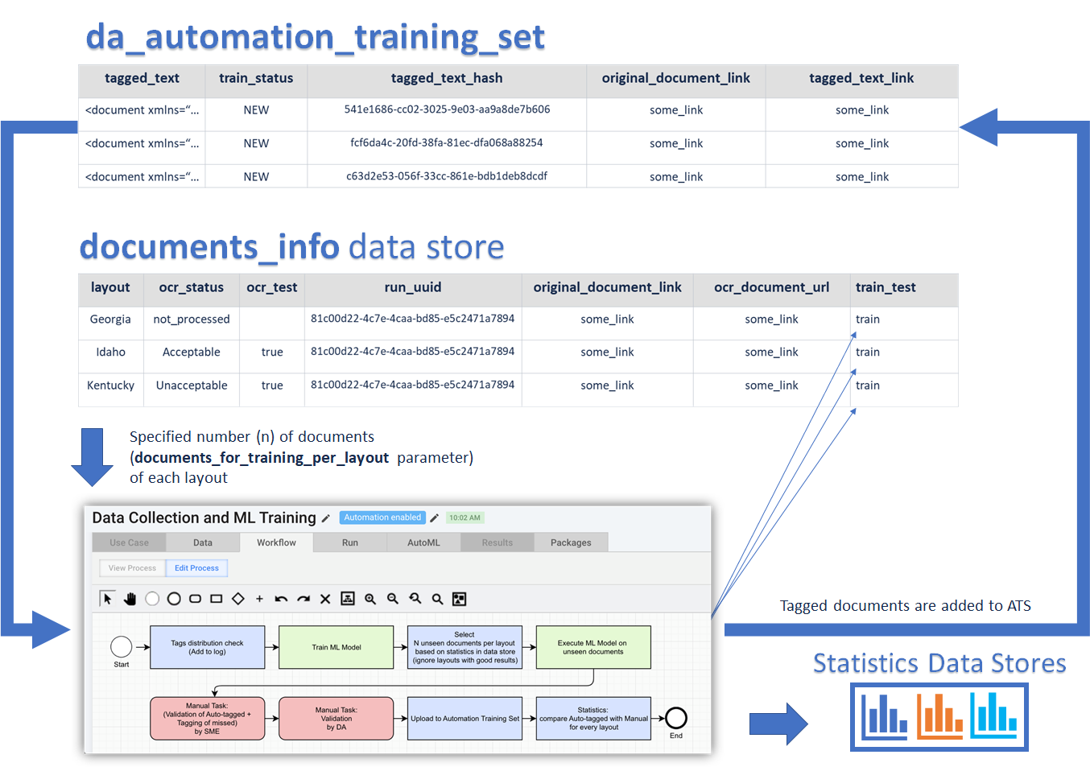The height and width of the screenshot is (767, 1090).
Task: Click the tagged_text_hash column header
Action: tap(447, 78)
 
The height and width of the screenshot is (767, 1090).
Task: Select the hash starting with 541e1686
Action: tap(447, 109)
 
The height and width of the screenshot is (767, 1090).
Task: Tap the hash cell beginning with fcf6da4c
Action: tap(447, 142)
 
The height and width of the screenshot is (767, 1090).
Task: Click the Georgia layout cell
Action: tap(110, 319)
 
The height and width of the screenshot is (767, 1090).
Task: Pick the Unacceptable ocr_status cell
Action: tap(192, 386)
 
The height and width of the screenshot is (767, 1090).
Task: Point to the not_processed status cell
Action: tap(192, 319)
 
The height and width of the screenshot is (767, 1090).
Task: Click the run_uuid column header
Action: tap(413, 287)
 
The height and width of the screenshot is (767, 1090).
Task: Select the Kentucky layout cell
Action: tap(110, 386)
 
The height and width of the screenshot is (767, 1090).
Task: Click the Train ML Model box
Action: tap(336, 647)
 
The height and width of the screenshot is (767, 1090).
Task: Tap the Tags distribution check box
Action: tap(208, 647)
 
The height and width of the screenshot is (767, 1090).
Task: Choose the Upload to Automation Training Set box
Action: tap(464, 719)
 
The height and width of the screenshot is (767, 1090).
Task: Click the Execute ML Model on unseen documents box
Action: tap(593, 647)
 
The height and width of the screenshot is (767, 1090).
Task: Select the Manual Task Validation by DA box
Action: tap(336, 719)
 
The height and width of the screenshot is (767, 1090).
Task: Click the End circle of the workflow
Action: tap(676, 718)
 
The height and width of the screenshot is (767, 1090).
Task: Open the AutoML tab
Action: tap(423, 542)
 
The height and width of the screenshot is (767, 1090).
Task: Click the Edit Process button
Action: tap(196, 567)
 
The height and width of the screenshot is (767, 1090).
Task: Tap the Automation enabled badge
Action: tap(382, 518)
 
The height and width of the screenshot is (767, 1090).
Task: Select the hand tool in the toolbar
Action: tap(130, 599)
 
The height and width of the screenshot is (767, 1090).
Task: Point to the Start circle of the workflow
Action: tap(122, 647)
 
